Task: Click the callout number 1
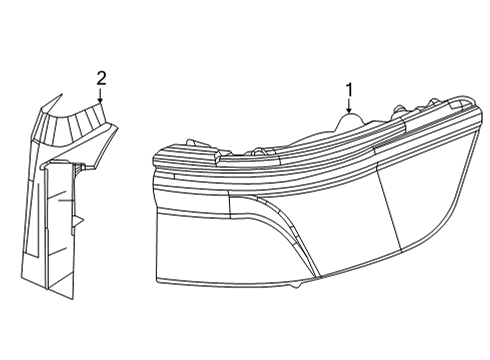[x=350, y=91]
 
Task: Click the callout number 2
[x=101, y=77]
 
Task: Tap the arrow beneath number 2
[x=101, y=97]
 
